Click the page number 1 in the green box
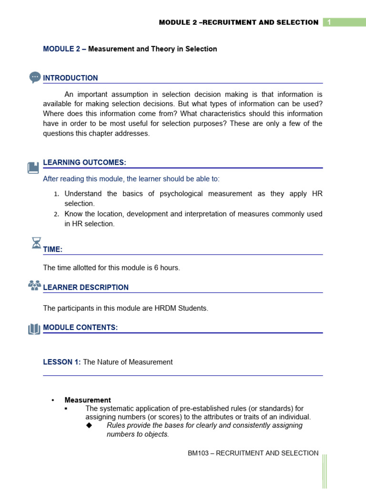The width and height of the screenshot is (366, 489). pyautogui.click(x=329, y=22)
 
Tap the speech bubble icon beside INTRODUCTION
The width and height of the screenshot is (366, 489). pyautogui.click(x=35, y=77)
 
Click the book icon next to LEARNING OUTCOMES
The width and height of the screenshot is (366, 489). pyautogui.click(x=33, y=168)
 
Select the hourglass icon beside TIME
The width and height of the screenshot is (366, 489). pyautogui.click(x=36, y=243)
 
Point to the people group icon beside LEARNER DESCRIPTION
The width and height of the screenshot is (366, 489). pyautogui.click(x=34, y=286)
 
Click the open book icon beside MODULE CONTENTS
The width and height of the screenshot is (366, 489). pyautogui.click(x=34, y=329)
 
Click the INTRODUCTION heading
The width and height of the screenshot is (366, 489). pyautogui.click(x=71, y=78)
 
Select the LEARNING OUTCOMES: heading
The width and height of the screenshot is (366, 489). pyautogui.click(x=84, y=162)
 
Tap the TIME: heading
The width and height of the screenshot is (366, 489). pyautogui.click(x=53, y=249)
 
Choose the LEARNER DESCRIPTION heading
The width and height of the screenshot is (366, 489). pyautogui.click(x=86, y=287)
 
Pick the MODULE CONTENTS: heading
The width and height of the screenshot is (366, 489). pyautogui.click(x=80, y=327)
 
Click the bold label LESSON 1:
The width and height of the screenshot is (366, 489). pyautogui.click(x=62, y=362)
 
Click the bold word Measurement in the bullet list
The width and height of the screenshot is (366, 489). pyautogui.click(x=88, y=400)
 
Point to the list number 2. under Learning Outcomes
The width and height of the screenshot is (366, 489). pyautogui.click(x=56, y=214)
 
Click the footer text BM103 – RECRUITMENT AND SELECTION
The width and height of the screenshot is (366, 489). pyautogui.click(x=253, y=453)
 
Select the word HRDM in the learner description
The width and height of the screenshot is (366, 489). pyautogui.click(x=168, y=308)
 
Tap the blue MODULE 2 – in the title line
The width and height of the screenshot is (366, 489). pyautogui.click(x=64, y=49)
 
